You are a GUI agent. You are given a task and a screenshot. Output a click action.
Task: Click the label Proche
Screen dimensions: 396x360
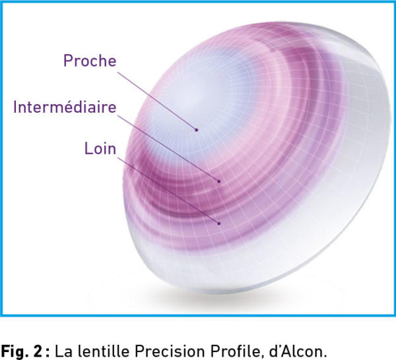click(90, 61)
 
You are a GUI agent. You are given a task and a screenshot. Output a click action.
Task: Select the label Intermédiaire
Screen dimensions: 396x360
click(65, 107)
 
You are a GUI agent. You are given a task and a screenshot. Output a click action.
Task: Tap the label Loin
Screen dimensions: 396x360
click(100, 148)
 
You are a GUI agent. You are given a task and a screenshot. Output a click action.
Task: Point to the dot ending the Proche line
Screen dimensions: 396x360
click(196, 130)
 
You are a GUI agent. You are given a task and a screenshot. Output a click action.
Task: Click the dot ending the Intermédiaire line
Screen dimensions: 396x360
click(219, 181)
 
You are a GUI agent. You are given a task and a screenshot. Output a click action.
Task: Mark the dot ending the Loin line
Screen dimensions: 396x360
click(219, 224)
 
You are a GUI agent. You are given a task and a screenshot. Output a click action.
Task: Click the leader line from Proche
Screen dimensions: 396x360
click(157, 101)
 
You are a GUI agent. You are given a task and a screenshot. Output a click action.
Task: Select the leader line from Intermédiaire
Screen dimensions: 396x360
click(168, 148)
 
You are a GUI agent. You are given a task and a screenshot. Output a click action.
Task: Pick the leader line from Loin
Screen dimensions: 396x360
click(168, 191)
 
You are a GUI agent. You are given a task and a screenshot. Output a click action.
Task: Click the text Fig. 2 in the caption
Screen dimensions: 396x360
click(21, 351)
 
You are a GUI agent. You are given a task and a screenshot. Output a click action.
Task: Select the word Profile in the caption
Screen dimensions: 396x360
click(236, 351)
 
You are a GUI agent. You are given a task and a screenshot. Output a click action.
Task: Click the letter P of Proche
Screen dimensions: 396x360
click(67, 61)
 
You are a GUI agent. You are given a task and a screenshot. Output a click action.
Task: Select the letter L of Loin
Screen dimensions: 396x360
click(88, 148)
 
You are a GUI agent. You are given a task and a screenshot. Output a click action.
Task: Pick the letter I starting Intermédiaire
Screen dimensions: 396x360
click(15, 107)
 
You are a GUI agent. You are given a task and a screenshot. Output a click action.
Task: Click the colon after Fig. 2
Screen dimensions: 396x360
click(48, 352)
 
